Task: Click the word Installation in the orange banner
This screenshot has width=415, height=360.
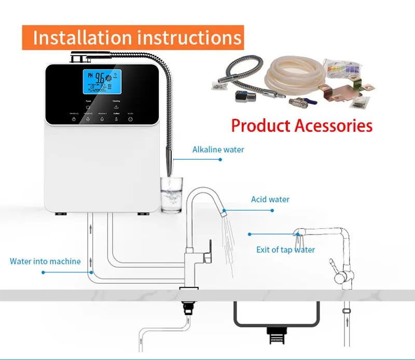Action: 82,37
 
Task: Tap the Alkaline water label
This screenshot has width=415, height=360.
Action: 218,149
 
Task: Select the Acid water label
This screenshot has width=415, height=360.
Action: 270,199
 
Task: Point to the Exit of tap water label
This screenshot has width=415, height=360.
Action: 285,250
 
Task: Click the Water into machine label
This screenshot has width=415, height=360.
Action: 45,261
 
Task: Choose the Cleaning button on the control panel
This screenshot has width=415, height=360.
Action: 116,104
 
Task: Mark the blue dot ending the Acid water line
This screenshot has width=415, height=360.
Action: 272,210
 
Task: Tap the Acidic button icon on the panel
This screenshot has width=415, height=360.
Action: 130,118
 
